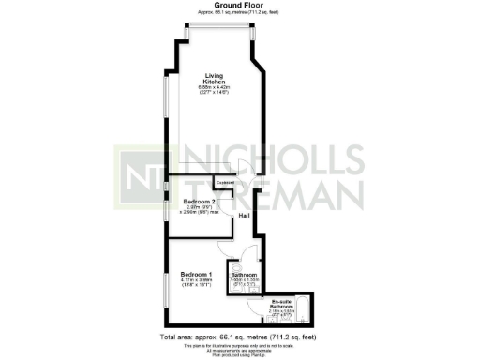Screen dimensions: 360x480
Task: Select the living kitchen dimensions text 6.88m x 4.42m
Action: pyautogui.click(x=216, y=86)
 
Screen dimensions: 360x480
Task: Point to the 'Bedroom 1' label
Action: pyautogui.click(x=197, y=274)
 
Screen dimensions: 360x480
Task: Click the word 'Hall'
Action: pyautogui.click(x=244, y=217)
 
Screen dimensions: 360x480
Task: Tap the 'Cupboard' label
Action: pyautogui.click(x=226, y=183)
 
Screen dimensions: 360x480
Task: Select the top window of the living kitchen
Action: pyautogui.click(x=217, y=28)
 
